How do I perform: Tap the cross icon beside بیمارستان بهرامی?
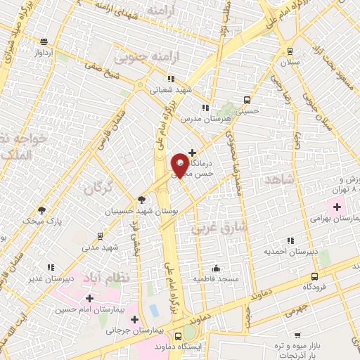pos(336,207)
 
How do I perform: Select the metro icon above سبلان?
pos(288,51)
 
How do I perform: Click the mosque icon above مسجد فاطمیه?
pos(216,268)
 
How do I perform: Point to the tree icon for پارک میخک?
pos(42,210)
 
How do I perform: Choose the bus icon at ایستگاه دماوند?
pos(179,336)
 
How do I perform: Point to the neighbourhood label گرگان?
pos(98,188)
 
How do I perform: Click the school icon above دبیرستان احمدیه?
pos(289,238)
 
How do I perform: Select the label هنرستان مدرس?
pos(205,120)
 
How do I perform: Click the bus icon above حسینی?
pos(246,99)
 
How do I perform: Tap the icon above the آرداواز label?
pos(44,41)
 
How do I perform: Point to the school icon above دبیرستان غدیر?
pos(50,267)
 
